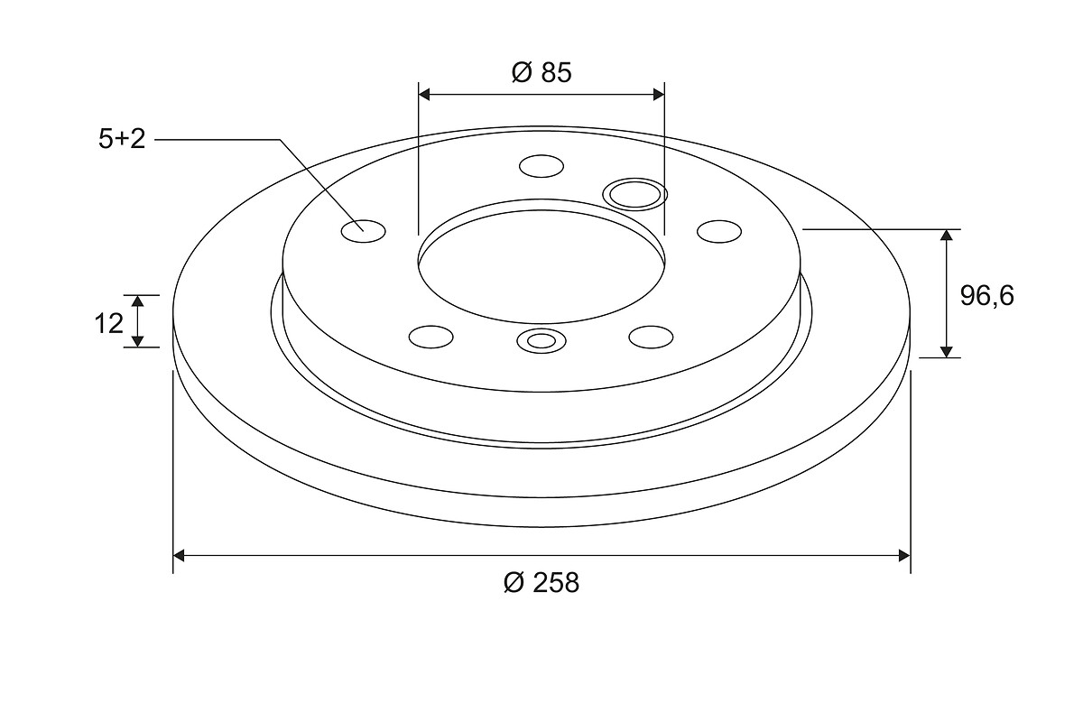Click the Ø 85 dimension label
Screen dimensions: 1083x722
(541, 72)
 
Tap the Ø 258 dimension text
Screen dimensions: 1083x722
(541, 582)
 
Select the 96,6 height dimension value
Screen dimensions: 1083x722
(986, 296)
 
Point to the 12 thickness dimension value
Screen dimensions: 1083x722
(109, 323)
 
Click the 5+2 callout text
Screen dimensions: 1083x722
(122, 139)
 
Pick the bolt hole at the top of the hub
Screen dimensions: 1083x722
(541, 166)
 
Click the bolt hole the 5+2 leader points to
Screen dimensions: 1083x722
(363, 231)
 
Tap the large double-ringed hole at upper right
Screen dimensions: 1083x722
(634, 194)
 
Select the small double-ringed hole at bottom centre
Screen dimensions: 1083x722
(541, 341)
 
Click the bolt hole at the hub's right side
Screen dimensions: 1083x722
(719, 231)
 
